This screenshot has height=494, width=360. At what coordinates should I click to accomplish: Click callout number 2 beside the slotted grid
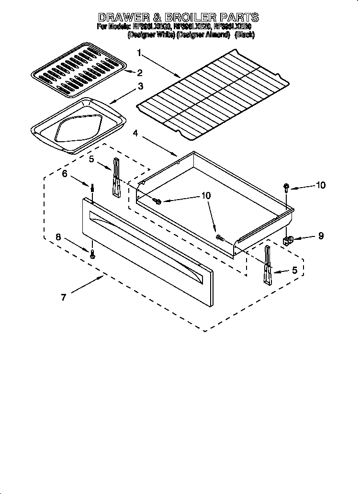click(x=139, y=73)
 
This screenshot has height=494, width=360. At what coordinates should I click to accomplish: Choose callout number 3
click(x=140, y=86)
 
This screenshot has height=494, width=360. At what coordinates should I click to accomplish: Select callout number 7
click(x=63, y=297)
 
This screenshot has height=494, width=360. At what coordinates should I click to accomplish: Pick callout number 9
click(x=320, y=236)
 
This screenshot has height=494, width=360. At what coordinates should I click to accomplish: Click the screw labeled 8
click(x=93, y=254)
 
